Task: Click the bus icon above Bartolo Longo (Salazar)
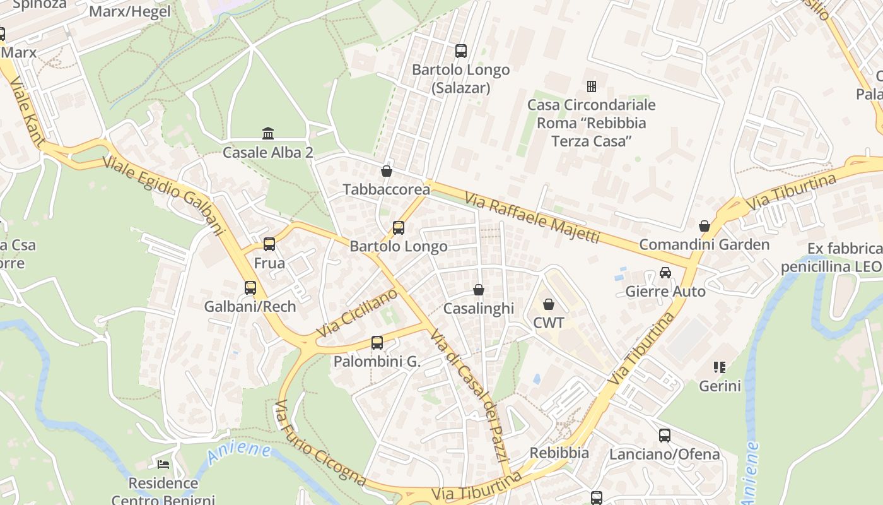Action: click(461, 51)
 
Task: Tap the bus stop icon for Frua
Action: click(269, 244)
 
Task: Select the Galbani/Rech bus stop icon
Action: click(250, 288)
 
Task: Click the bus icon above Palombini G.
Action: click(377, 343)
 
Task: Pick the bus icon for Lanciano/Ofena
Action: click(665, 435)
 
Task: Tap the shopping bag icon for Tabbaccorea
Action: click(387, 171)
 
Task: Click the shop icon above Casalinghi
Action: click(479, 290)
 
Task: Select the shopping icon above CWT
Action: click(549, 304)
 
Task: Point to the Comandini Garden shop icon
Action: click(705, 226)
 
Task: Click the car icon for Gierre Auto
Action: click(665, 273)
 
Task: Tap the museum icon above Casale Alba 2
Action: click(268, 134)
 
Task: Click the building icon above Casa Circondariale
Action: click(592, 86)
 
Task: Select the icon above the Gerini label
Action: click(720, 367)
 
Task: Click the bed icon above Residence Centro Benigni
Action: click(163, 465)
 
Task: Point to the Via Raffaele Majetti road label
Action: click(532, 218)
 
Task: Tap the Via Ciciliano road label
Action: click(356, 312)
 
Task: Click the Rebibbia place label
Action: click(559, 453)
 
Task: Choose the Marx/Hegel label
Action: click(130, 11)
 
